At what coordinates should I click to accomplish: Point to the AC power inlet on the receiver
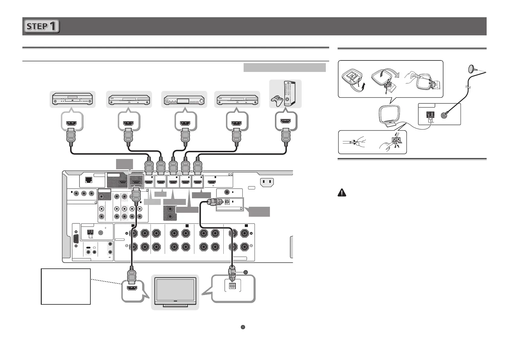pos(267,182)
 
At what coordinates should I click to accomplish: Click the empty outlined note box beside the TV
pos(66,286)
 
